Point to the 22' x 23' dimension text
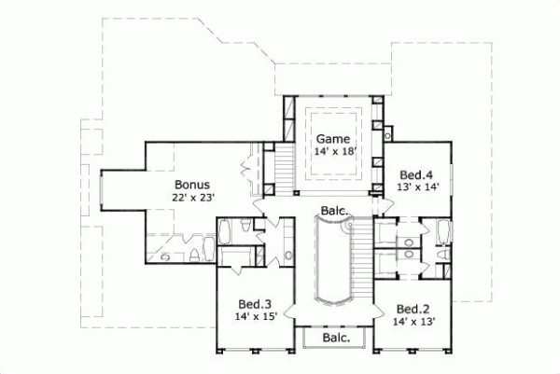point(192,198)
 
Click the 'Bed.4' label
point(415,174)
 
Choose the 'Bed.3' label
point(254,304)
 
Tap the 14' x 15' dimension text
point(254,318)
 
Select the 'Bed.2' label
point(412,309)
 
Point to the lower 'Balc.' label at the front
point(336,338)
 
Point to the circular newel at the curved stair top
point(345,225)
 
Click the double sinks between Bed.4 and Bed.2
point(407,246)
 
